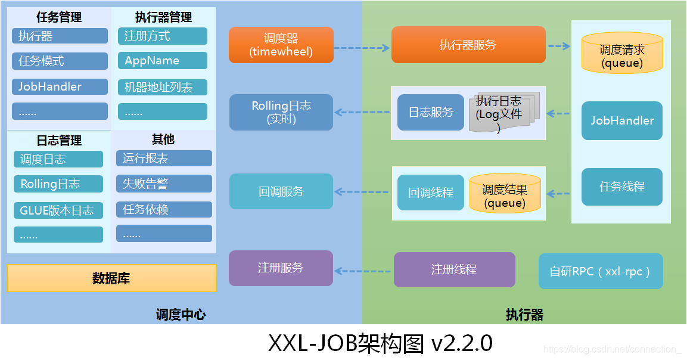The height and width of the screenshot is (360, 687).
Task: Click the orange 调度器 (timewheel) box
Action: coord(281,45)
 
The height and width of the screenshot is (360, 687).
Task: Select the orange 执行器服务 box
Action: coord(468,45)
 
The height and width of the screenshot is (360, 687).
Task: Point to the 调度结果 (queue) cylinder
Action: coord(505,194)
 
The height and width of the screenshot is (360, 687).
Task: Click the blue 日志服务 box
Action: coord(430,112)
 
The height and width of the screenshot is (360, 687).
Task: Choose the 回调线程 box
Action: coord(430,193)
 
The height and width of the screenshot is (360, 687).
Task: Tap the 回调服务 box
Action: coord(281,191)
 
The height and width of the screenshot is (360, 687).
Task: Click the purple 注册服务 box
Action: coord(281,268)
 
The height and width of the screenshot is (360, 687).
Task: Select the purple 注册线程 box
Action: coord(454,269)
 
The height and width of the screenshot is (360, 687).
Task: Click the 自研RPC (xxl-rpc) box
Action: coord(600,271)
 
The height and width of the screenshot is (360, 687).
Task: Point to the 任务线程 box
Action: coord(621,187)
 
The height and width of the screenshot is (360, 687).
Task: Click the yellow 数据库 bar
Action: coord(111,278)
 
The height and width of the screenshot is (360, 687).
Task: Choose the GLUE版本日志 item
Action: coord(58,210)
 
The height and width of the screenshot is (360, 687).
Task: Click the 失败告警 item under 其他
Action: coord(164,184)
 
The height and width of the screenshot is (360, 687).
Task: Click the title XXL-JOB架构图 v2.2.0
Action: coord(380,343)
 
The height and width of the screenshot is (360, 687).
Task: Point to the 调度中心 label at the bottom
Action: coord(181,314)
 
